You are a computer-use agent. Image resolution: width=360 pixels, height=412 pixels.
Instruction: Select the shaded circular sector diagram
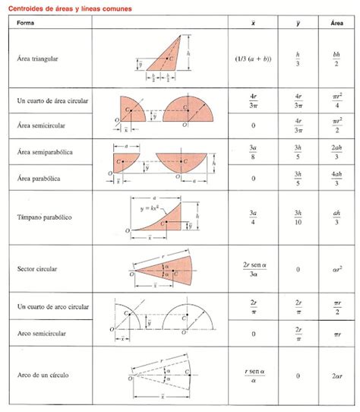[x=171, y=268]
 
